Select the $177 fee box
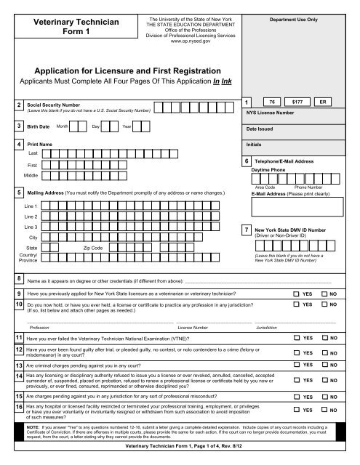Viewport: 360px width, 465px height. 297,103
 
